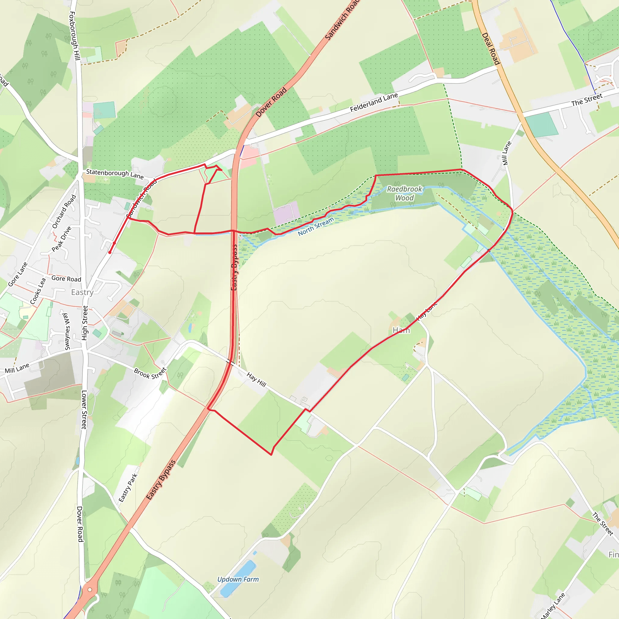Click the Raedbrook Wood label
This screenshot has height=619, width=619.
coord(404,193)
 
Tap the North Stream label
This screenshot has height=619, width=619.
coord(316,226)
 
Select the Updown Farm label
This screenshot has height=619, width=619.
coord(238,579)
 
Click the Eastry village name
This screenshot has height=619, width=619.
coord(82,292)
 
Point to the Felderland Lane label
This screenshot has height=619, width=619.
coord(374,102)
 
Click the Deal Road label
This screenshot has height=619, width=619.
coord(491,49)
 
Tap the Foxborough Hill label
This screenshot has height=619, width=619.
coord(74,36)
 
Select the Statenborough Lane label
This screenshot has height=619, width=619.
coord(115,174)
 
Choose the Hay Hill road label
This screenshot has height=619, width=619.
coord(256,379)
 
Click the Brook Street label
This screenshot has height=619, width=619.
coord(150,373)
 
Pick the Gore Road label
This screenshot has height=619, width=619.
coord(66,279)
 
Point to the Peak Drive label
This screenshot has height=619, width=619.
coord(62,239)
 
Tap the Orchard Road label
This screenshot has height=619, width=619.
coord(64,212)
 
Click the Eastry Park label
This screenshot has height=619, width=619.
coord(128,488)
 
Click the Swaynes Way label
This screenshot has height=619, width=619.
coord(66,332)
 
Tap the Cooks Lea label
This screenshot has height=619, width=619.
coord(38,291)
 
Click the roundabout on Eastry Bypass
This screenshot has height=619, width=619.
coord(90,589)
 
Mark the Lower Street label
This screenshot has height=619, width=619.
coord(84,409)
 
